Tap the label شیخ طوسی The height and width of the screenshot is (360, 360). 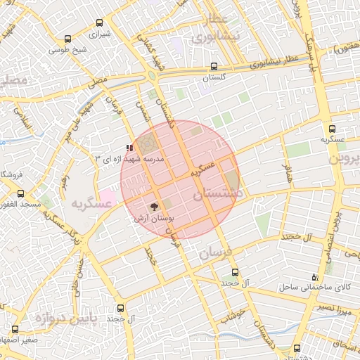67,50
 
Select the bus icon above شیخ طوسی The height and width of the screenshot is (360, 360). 67,39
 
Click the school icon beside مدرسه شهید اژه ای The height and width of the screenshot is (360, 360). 128,148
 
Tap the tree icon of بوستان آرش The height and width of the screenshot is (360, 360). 154,207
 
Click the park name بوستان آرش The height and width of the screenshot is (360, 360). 154,219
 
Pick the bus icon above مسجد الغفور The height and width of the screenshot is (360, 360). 20,193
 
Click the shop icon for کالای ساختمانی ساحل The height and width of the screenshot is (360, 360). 314,277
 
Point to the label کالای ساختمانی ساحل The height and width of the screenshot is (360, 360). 314,288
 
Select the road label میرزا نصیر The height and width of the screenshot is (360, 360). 329,309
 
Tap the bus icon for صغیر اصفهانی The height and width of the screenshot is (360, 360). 15,329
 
